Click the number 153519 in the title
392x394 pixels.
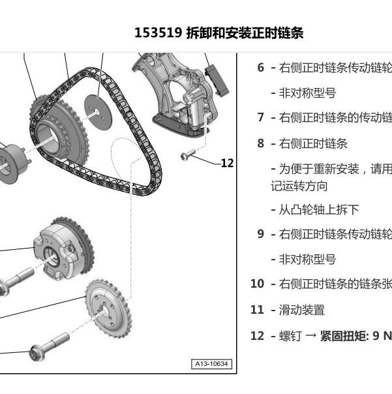158,33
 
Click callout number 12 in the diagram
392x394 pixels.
228,163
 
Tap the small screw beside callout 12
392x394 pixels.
188,155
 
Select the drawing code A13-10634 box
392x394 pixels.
211,364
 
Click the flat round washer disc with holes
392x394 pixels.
98,112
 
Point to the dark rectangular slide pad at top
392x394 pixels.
217,80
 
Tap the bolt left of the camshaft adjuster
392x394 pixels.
16,281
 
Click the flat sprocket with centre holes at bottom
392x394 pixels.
108,309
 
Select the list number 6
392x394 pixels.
261,68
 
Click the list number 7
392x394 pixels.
261,117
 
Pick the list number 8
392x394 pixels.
261,144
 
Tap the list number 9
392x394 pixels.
261,234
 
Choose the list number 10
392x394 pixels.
258,284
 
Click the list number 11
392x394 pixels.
258,310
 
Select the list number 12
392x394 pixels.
258,336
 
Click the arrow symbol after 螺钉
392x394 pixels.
311,336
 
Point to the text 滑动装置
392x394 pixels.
302,310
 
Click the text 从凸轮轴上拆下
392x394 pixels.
319,210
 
